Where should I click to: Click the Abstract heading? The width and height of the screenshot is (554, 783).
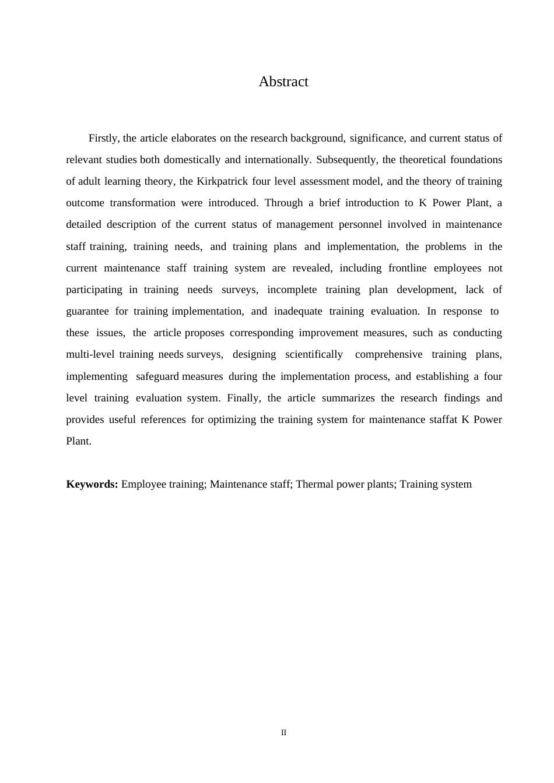pyautogui.click(x=283, y=82)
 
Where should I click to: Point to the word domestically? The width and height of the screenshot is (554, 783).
pyautogui.click(x=192, y=160)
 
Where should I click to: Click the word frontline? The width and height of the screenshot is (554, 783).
pyautogui.click(x=407, y=268)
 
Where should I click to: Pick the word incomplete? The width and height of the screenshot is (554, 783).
pyautogui.click(x=292, y=290)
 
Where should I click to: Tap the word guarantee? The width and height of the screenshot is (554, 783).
pyautogui.click(x=87, y=311)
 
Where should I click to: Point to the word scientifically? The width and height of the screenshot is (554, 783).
pyautogui.click(x=314, y=354)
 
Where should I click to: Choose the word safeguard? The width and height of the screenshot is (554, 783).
pyautogui.click(x=157, y=376)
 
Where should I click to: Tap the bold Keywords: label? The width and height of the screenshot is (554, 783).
pyautogui.click(x=92, y=484)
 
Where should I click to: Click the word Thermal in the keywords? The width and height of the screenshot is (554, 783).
pyautogui.click(x=313, y=484)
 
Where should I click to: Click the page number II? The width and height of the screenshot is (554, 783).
pyautogui.click(x=284, y=732)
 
